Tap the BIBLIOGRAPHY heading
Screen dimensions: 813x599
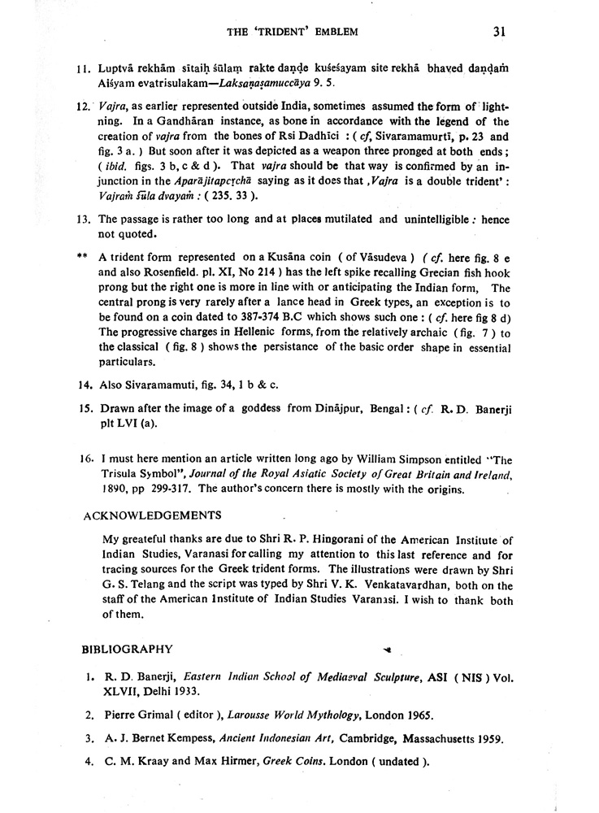pos(127,649)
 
